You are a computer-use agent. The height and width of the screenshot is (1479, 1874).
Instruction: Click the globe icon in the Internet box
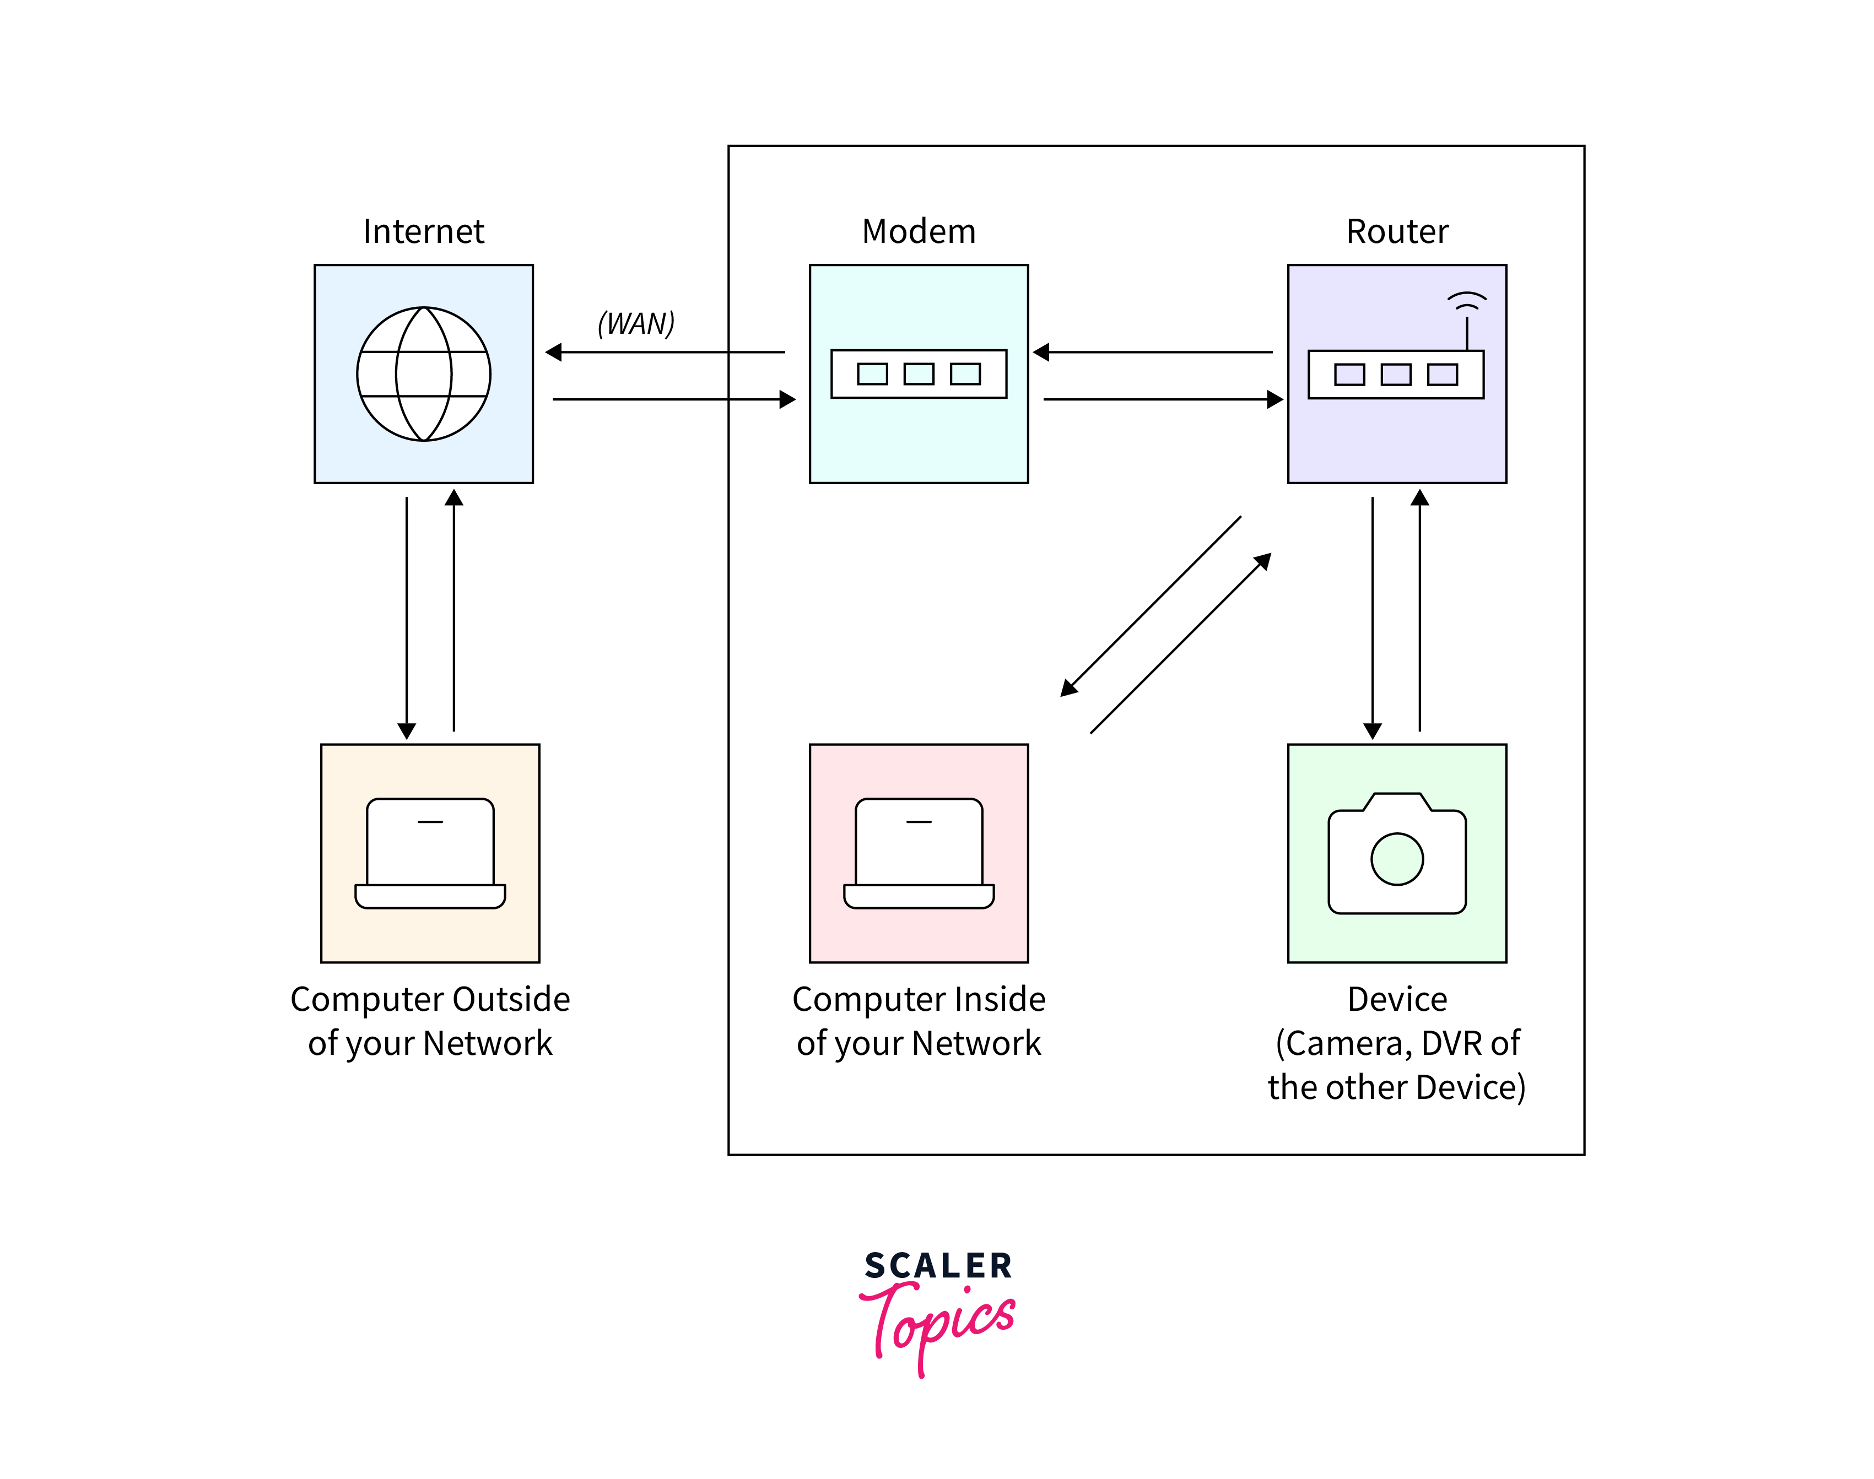(x=424, y=373)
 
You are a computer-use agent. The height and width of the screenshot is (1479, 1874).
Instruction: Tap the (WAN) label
(x=636, y=323)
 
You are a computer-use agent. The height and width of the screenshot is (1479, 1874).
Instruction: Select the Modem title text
(x=918, y=231)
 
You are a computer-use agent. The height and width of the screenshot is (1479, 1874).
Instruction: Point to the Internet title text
(x=424, y=231)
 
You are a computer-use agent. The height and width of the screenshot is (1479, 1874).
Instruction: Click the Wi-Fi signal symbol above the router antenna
(x=1466, y=300)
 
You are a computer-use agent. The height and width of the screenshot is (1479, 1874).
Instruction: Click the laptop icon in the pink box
(x=918, y=853)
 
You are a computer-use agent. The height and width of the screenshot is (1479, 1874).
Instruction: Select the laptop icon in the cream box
(x=430, y=853)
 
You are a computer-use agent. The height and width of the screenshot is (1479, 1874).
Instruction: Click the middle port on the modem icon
(x=918, y=373)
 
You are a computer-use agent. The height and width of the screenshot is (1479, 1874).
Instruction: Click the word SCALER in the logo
(x=938, y=1265)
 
